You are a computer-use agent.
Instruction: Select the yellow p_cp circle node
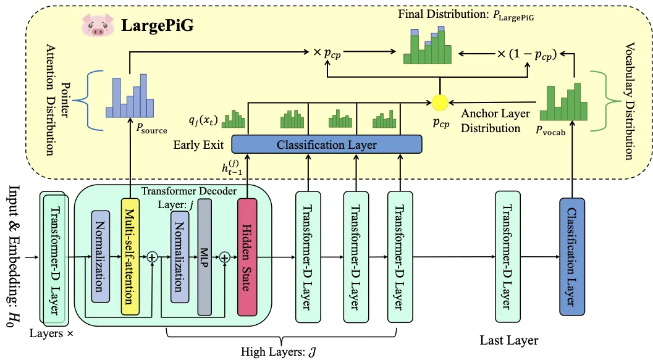click(x=439, y=101)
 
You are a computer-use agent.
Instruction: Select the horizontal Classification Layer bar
click(x=327, y=144)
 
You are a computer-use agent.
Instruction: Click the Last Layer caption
click(x=508, y=340)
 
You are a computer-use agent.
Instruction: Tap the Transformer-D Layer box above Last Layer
click(x=508, y=257)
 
